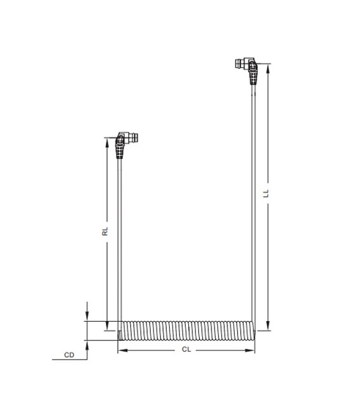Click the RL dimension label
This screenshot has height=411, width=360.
106,231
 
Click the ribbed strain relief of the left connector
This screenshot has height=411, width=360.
120,151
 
